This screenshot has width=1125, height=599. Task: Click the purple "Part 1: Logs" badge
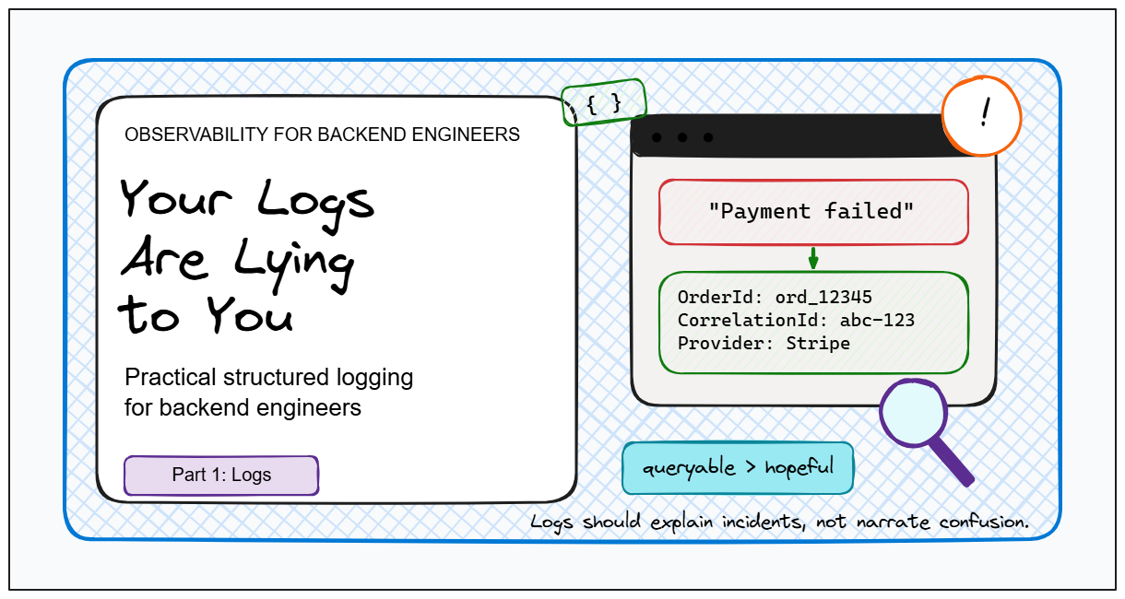(221, 475)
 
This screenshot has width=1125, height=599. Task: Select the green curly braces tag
(604, 102)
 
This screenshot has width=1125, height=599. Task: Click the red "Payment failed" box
(813, 212)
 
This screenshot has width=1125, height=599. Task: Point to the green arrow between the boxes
(813, 258)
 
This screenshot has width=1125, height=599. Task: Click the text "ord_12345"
(823, 298)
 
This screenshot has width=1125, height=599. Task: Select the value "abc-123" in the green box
(877, 321)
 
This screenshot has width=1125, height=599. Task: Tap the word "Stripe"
(818, 344)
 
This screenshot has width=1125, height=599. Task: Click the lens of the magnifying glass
(914, 413)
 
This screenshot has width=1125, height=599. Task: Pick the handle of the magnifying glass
(952, 462)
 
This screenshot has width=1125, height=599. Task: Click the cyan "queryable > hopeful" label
(738, 468)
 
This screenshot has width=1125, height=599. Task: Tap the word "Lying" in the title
(294, 263)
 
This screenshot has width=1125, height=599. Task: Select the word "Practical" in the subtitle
(171, 377)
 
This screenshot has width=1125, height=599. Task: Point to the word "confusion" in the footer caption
(984, 523)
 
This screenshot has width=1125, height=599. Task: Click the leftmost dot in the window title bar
(657, 137)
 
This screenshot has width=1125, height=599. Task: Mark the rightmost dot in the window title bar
(708, 137)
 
